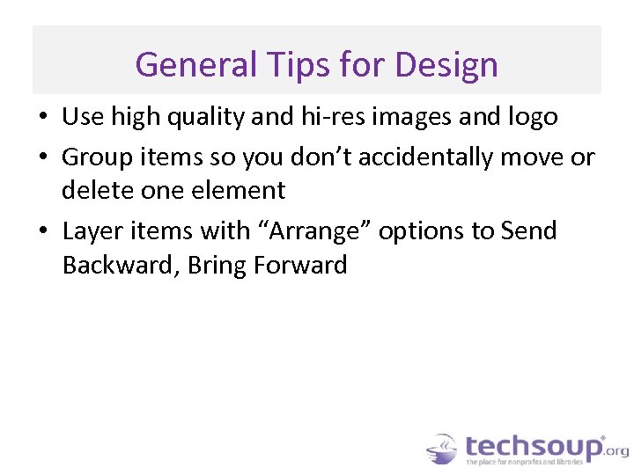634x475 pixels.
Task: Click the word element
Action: [x=240, y=190]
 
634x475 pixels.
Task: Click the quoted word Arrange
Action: [x=308, y=231]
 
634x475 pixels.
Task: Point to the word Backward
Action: [x=119, y=265]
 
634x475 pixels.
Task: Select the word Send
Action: [x=528, y=231]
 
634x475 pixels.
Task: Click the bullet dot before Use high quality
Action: [x=42, y=118]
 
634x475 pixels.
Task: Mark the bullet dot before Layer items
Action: [x=42, y=232]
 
